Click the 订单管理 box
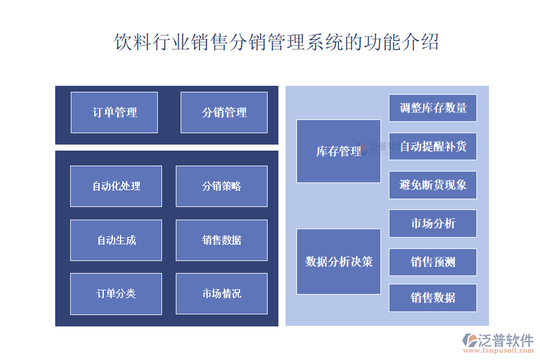(x=114, y=112)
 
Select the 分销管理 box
(x=224, y=112)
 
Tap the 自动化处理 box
(x=116, y=186)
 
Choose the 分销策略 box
(x=221, y=186)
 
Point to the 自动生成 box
(x=116, y=240)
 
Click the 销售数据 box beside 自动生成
(x=221, y=240)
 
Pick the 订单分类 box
(x=116, y=293)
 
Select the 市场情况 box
(x=221, y=293)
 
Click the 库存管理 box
(x=338, y=151)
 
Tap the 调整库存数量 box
(x=433, y=108)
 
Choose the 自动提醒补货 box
(x=433, y=146)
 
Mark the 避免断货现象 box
(x=433, y=185)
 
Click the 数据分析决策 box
(x=338, y=262)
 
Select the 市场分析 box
(x=433, y=223)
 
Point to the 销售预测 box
(x=433, y=262)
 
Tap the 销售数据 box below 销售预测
(x=433, y=298)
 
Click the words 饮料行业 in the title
(x=151, y=43)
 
